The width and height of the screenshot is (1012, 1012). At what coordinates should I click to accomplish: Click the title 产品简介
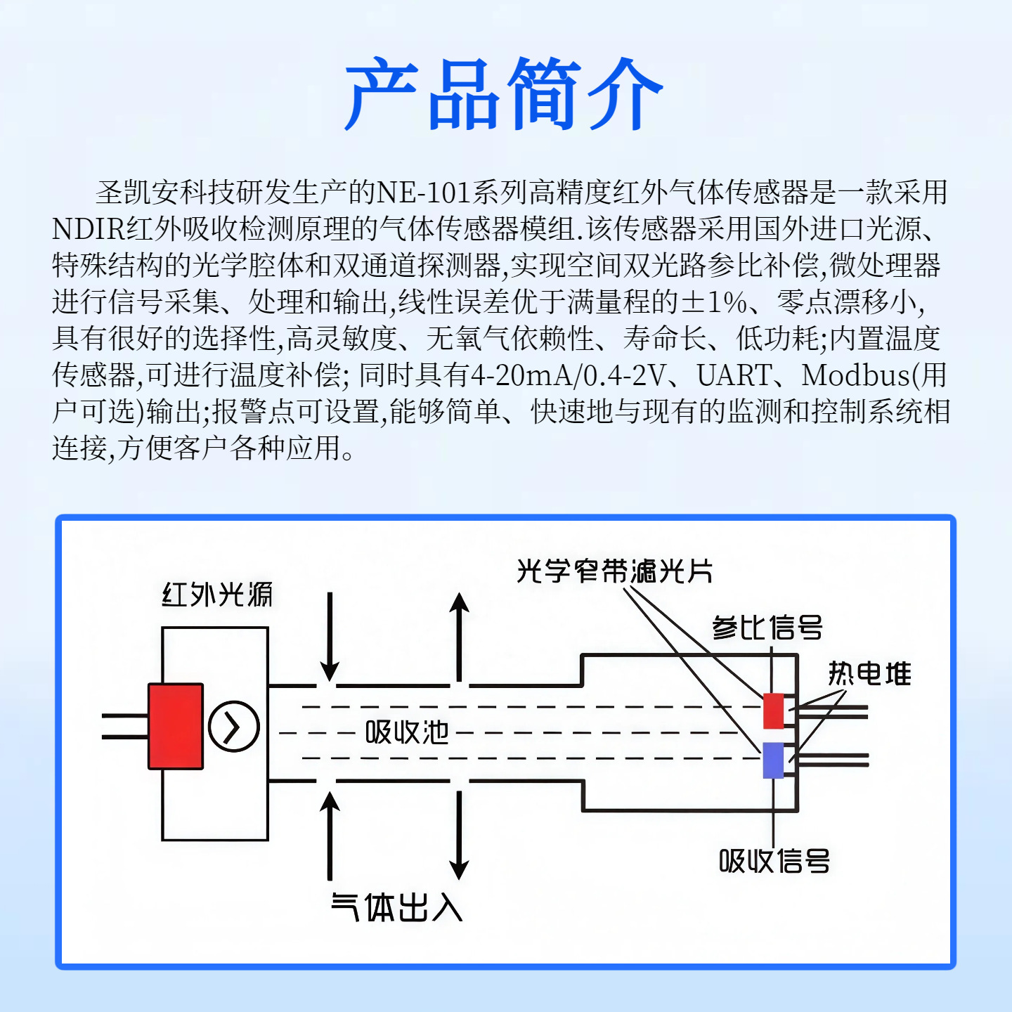point(505,94)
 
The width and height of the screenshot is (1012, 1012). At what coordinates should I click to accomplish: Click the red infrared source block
point(176,726)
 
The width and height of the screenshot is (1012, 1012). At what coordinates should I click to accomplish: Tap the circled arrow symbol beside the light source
point(234,727)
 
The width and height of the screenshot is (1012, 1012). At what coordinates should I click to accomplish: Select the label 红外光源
point(217,595)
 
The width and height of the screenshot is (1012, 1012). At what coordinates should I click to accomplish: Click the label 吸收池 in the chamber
point(407,732)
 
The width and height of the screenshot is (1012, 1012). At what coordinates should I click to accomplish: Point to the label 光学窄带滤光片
point(615,571)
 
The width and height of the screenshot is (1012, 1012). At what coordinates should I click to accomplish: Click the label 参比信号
point(767,627)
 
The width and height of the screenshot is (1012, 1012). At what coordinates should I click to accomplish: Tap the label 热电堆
point(869,673)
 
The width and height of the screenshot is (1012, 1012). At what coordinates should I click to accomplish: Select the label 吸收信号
point(774,861)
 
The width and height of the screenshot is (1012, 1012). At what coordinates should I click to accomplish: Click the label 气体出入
point(397,907)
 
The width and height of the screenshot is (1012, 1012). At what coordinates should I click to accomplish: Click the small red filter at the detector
point(773,711)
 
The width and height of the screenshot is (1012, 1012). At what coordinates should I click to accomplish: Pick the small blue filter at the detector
point(773,760)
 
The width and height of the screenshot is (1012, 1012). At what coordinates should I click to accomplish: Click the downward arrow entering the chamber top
point(330,637)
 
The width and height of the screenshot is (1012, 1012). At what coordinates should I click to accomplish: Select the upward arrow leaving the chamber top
point(460,637)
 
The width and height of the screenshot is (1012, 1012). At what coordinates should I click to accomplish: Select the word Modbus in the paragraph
point(855,375)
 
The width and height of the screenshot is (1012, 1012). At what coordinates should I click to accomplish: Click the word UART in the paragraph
point(734,375)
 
